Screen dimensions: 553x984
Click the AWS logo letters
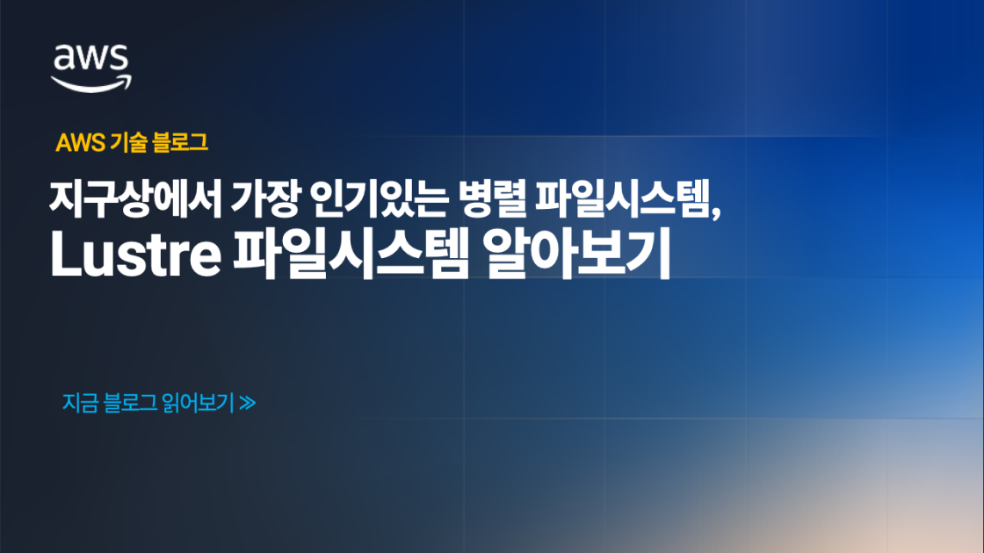click(x=91, y=59)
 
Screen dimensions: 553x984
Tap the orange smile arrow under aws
click(x=91, y=83)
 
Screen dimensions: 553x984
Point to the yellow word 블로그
click(x=180, y=143)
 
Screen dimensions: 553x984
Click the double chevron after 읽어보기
click(x=247, y=404)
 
